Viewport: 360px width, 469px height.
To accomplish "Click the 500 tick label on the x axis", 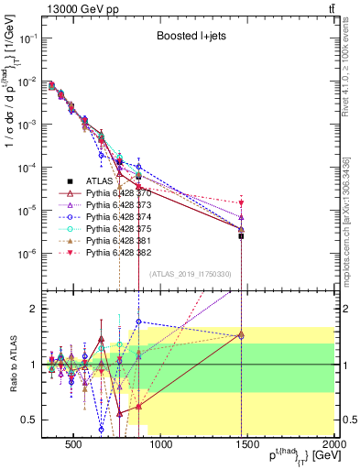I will (x=72, y=446).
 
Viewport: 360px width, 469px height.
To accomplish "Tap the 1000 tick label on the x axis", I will (x=159, y=446).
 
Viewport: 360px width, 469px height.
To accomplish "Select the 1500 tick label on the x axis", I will (x=247, y=446).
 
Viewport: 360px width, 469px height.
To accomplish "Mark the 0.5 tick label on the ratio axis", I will (x=29, y=420).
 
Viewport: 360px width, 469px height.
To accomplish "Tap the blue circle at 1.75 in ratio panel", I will (x=138, y=322).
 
